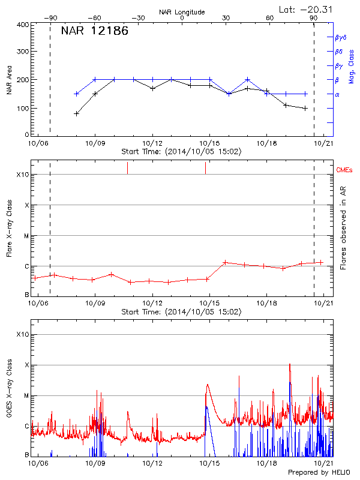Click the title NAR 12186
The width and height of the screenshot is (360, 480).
94,31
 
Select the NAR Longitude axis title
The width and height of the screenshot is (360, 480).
182,12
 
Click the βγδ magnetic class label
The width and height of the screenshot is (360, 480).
340,37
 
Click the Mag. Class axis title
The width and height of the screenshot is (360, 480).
350,67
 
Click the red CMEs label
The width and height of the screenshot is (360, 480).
345,170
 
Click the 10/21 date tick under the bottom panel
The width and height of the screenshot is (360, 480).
324,463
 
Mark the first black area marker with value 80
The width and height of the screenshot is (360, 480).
76,113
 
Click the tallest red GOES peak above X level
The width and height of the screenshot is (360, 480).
290,364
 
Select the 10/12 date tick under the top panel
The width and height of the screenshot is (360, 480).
152,144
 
